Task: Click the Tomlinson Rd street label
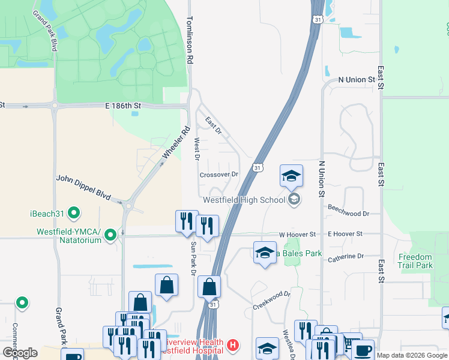[x=190, y=40]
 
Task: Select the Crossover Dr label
[x=219, y=175]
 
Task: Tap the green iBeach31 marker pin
[x=74, y=212]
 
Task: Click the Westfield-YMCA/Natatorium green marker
[x=110, y=235]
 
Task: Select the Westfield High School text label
[x=244, y=200]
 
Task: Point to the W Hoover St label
[x=297, y=234]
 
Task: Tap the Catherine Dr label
[x=346, y=256]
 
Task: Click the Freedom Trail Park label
[x=415, y=261]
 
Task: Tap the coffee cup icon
[x=363, y=350]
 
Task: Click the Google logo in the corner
[x=20, y=353]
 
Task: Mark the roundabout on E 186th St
[x=55, y=107]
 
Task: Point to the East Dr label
[x=212, y=125]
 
